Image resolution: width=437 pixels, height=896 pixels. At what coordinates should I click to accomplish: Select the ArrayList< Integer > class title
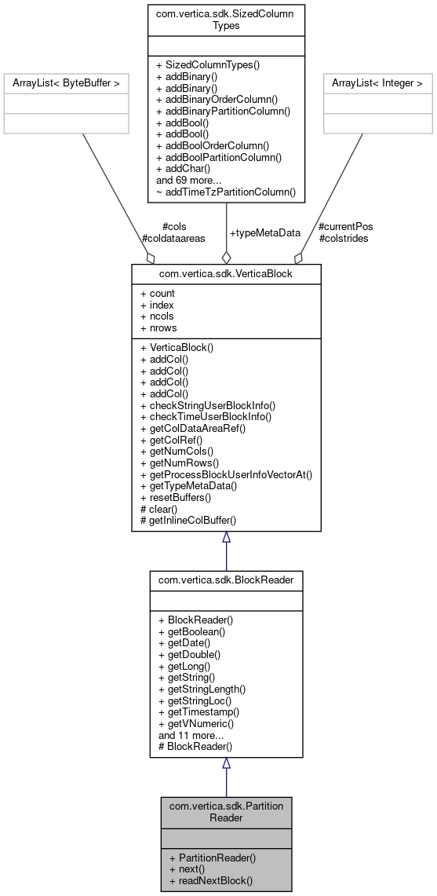[377, 82]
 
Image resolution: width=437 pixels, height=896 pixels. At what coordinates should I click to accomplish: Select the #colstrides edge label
[344, 238]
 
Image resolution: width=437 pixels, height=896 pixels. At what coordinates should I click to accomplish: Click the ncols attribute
[158, 316]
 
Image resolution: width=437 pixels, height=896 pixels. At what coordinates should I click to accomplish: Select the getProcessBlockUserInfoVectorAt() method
[226, 474]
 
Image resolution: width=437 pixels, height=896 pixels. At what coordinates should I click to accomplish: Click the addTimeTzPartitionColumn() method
[226, 191]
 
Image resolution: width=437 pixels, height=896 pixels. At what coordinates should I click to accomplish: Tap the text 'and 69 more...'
[188, 180]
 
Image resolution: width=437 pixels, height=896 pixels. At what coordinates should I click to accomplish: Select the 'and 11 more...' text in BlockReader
[189, 735]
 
